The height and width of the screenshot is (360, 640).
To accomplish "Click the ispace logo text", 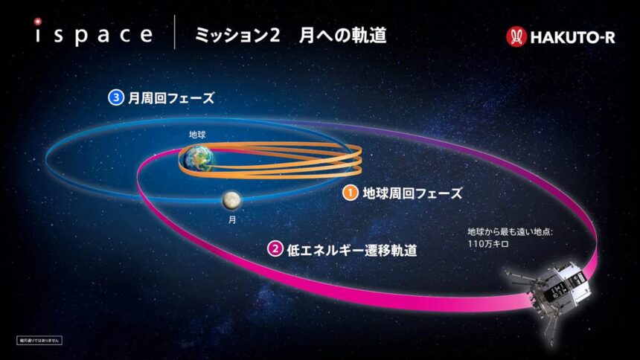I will [x=92, y=34].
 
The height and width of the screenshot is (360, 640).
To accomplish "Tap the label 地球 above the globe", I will [x=197, y=135].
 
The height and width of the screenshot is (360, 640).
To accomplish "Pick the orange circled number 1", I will [x=349, y=193].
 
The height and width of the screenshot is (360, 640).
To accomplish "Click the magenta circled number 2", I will [x=274, y=250].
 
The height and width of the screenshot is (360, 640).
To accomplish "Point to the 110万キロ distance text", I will [x=487, y=245].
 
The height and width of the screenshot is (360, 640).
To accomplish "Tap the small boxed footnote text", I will [x=39, y=339].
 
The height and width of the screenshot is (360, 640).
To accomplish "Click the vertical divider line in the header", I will [x=174, y=34].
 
